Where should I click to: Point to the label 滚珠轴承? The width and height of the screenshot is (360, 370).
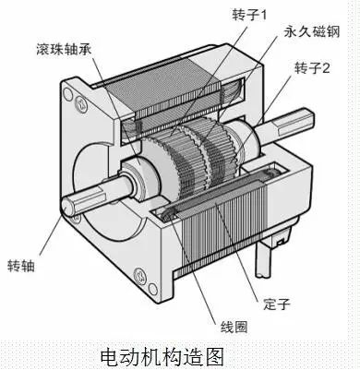pyautogui.click(x=62, y=46)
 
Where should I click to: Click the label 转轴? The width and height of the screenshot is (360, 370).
pyautogui.click(x=19, y=259)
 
